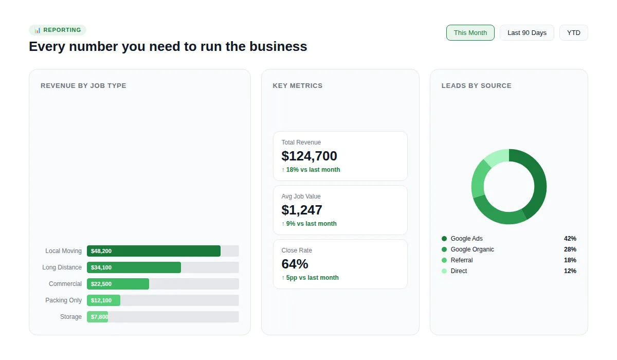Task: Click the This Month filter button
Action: pyautogui.click(x=470, y=32)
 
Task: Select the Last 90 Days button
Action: pyautogui.click(x=527, y=32)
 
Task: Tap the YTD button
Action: pyautogui.click(x=573, y=32)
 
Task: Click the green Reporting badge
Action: pyautogui.click(x=58, y=30)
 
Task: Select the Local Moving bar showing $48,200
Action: pyautogui.click(x=153, y=251)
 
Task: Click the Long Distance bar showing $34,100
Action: pyautogui.click(x=134, y=267)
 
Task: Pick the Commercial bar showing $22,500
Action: pyautogui.click(x=118, y=284)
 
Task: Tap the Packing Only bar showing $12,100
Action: pyautogui.click(x=103, y=300)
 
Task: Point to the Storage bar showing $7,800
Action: pyautogui.click(x=97, y=317)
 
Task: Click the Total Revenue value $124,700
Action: pyautogui.click(x=309, y=156)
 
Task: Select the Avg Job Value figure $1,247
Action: pyautogui.click(x=302, y=210)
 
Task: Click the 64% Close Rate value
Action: pyautogui.click(x=295, y=264)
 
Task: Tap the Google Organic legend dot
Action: pyautogui.click(x=444, y=249)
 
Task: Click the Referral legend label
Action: pyautogui.click(x=461, y=260)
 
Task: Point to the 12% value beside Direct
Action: pyautogui.click(x=570, y=271)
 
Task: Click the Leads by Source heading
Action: pyautogui.click(x=476, y=86)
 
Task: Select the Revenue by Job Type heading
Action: pyautogui.click(x=83, y=86)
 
